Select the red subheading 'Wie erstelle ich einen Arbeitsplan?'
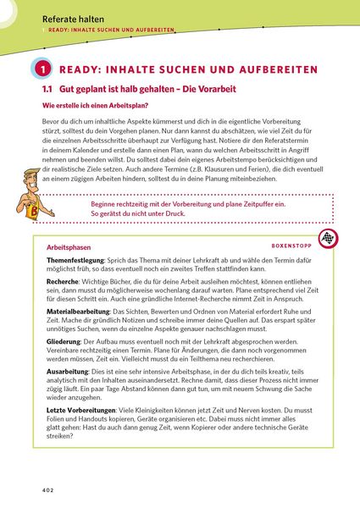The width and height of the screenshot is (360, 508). coord(83,105)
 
